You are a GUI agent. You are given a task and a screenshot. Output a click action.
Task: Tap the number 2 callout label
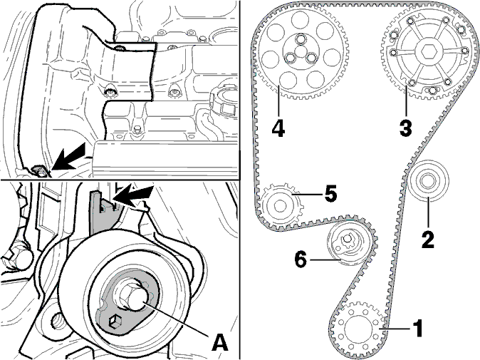coord(428,240)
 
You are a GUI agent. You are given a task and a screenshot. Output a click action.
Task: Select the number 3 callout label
coord(406,128)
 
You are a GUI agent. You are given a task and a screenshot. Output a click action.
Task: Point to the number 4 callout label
coord(278,128)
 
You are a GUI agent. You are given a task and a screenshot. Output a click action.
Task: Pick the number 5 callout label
coord(330,193)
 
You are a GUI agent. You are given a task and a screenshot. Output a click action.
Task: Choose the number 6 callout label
coord(301,259)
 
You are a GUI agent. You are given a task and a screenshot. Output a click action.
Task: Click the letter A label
coord(220,342)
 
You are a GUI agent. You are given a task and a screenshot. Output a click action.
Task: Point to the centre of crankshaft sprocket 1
coord(358,329)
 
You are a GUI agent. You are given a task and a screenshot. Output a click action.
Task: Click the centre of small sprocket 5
coord(279,205)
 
